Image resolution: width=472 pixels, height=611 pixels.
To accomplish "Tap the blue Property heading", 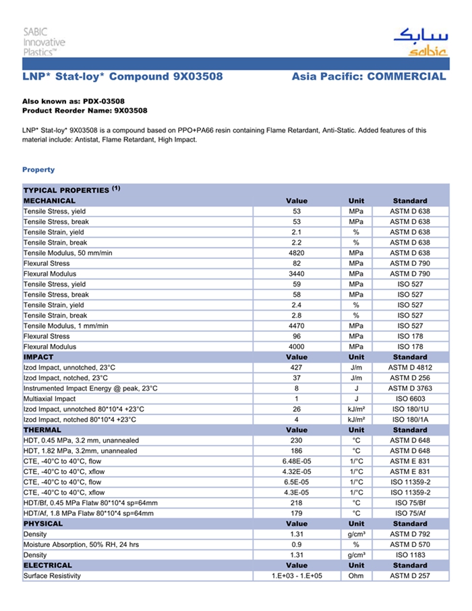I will (38, 169).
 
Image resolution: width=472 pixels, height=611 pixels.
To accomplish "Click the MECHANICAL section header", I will (49, 201).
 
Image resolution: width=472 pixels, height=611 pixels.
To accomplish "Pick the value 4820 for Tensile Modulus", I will (297, 253).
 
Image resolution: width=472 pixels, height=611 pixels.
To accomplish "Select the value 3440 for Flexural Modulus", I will (297, 274).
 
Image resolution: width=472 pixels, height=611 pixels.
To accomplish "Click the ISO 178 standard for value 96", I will (410, 336).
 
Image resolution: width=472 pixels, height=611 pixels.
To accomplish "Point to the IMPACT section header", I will (38, 357).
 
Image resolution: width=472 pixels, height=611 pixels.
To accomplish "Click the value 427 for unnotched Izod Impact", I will (297, 368).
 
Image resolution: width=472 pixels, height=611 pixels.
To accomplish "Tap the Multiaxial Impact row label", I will (50, 399).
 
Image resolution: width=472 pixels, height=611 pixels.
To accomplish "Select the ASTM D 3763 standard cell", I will (410, 388).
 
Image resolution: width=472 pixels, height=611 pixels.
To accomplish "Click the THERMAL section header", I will (42, 430).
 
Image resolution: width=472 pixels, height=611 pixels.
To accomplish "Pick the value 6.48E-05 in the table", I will (297, 461).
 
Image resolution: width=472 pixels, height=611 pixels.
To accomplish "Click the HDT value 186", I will (297, 450).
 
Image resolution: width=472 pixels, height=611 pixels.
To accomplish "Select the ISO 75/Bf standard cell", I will (410, 503).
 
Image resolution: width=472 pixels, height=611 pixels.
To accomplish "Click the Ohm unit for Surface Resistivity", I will (356, 576).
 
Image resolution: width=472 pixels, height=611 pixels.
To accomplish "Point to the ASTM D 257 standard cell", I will (410, 576).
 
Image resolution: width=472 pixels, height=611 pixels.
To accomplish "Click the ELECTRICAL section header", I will (47, 565).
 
